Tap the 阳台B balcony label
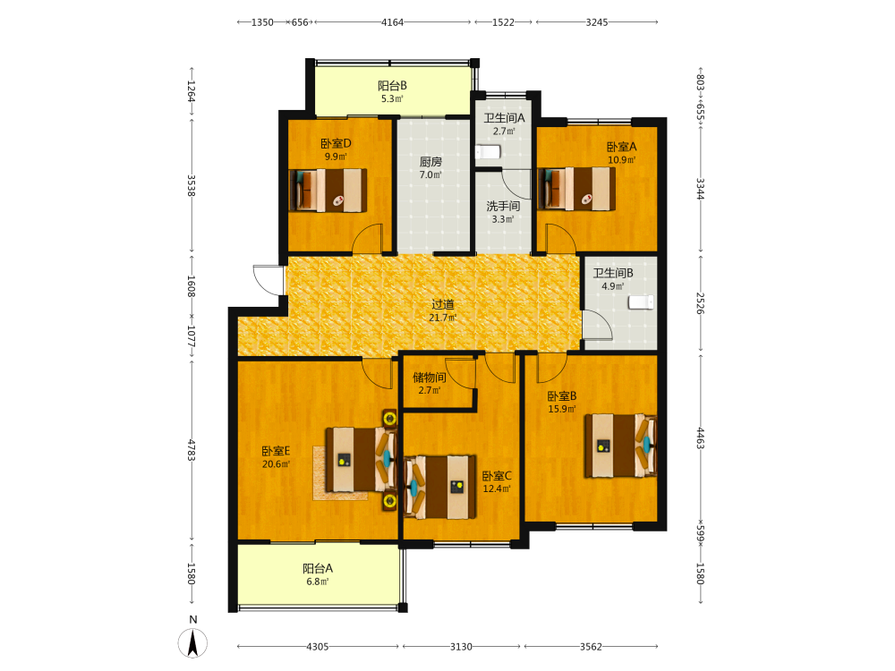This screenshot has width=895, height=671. pos(392,86)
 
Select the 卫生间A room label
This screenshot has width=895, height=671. pos(504,118)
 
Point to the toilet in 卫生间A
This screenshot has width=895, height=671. pos(488,152)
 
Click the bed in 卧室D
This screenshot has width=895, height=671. pos(328,190)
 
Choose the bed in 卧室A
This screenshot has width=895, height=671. pos(576,189)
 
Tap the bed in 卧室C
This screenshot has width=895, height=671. pos(440,487)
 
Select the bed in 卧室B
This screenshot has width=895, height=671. pos(620,446)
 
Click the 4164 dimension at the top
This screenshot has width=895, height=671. pos(392,22)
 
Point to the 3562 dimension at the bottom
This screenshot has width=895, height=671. pos(591,647)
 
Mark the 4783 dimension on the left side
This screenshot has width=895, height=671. pos(192,450)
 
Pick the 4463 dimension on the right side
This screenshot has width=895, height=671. pos(701,438)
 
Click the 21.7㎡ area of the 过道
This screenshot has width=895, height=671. pos(442,318)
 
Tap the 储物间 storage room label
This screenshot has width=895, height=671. pos(430,378)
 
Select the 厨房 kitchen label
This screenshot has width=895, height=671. pos(430,162)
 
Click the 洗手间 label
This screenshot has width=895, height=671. pos(503,206)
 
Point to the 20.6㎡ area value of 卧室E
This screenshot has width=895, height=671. pos(276,464)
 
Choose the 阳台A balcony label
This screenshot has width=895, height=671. pos(318,568)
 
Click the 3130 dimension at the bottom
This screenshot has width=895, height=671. pos(461,647)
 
